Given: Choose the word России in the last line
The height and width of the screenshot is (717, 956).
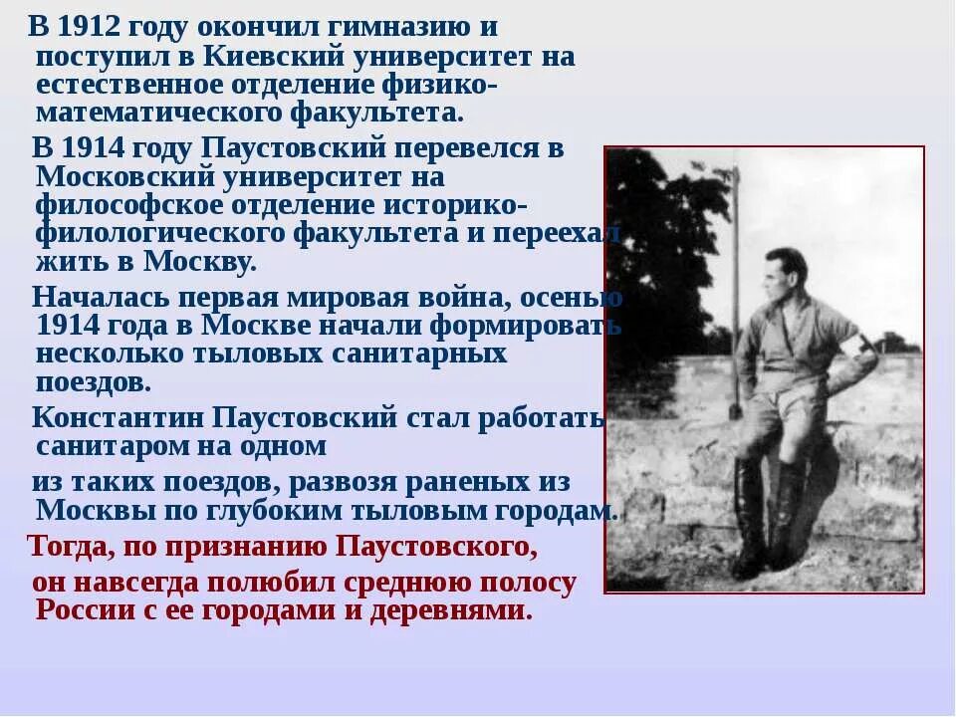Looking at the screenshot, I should pyautogui.click(x=84, y=609).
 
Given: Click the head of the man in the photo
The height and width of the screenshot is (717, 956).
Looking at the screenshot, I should pyautogui.click(x=787, y=274).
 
